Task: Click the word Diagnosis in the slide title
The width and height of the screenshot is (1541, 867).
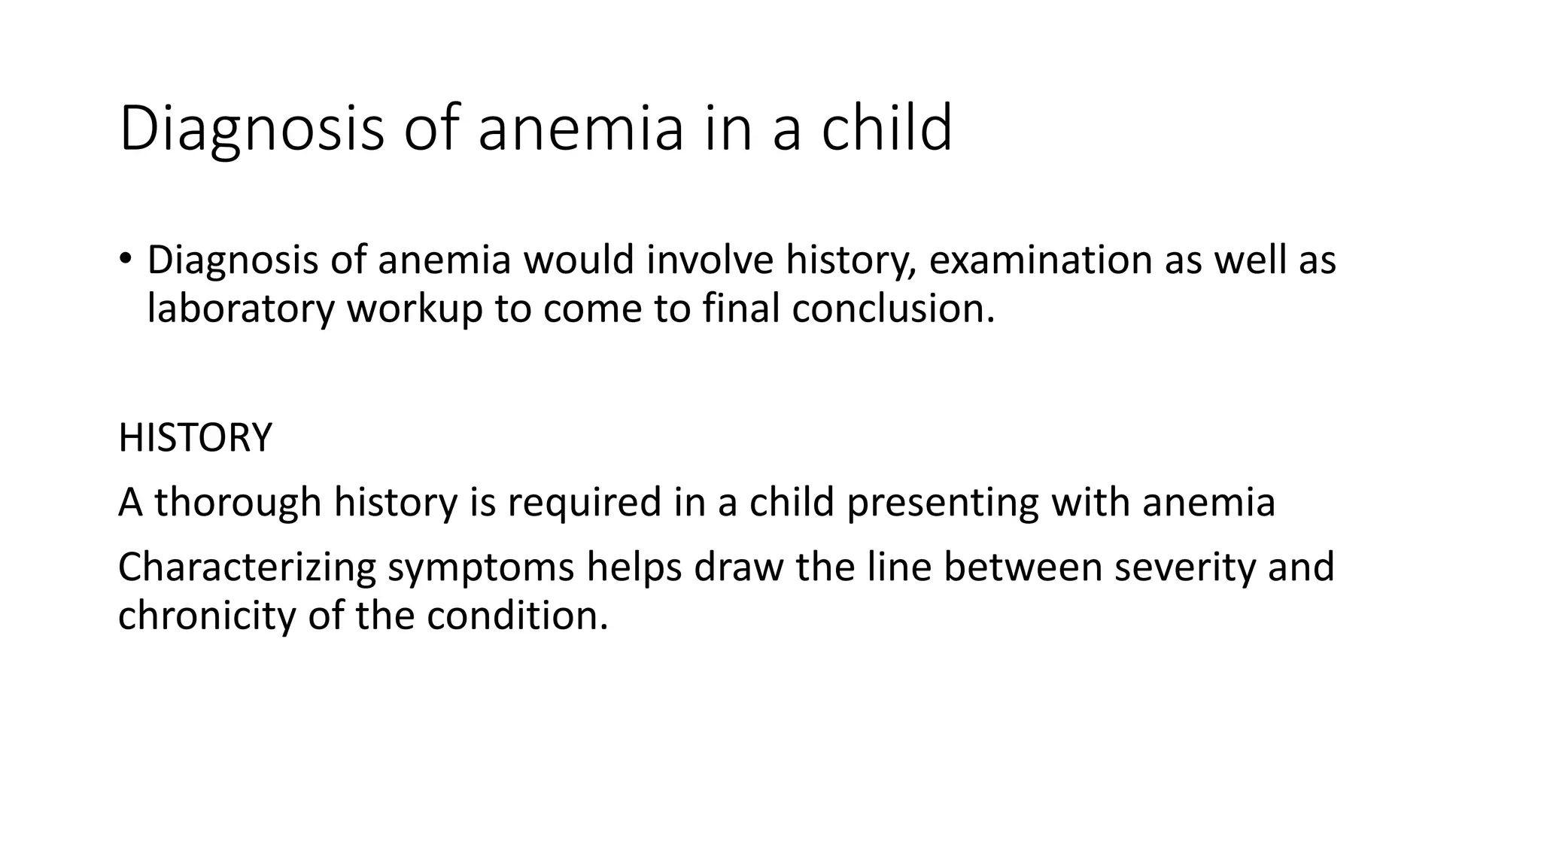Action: click(x=251, y=129)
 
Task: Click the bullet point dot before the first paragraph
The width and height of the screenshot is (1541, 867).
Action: click(x=125, y=260)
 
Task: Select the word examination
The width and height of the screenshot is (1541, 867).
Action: click(x=1041, y=260)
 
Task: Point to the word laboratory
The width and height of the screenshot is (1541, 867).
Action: click(x=240, y=309)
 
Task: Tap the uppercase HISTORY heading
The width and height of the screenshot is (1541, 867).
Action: click(x=195, y=438)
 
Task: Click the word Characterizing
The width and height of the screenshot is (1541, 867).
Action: click(x=247, y=567)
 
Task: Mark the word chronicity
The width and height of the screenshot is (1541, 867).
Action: click(x=207, y=616)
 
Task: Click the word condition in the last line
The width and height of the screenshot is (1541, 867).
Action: click(x=517, y=616)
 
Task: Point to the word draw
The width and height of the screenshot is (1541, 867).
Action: click(x=739, y=567)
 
